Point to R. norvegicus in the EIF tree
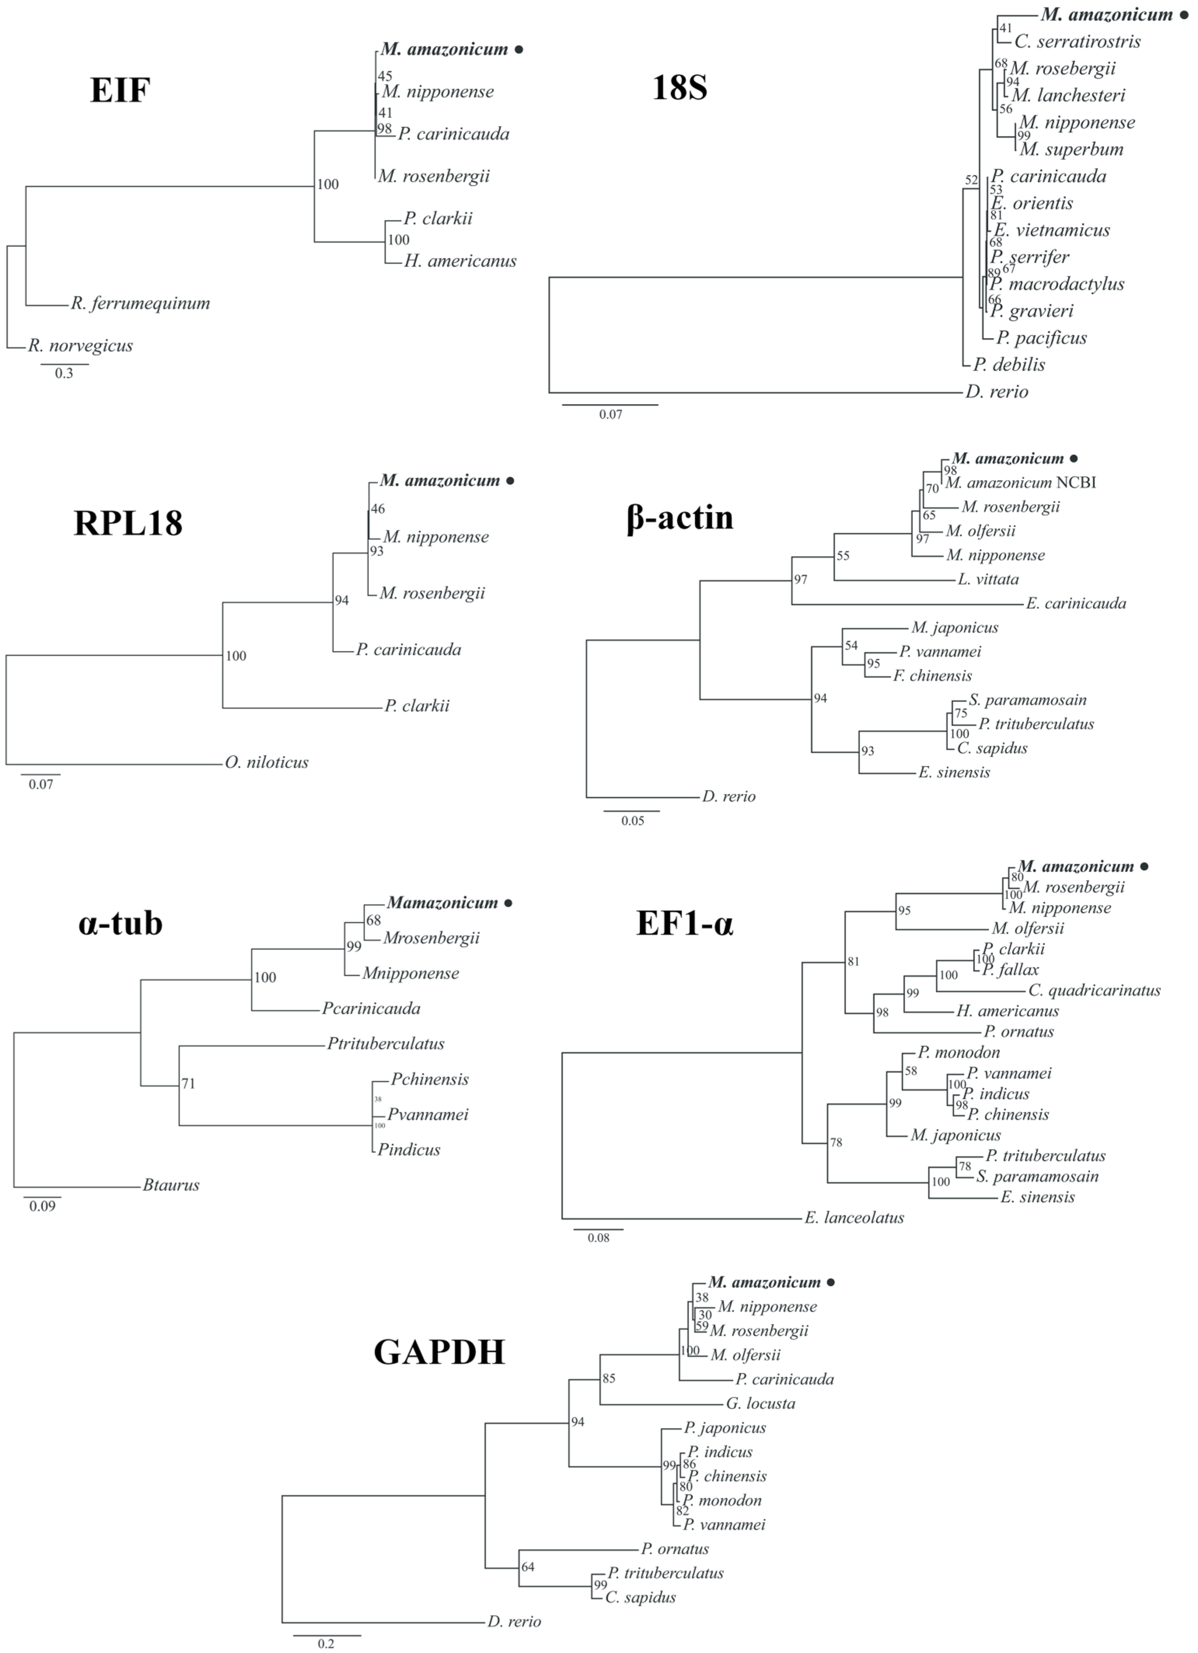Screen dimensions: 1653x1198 pyautogui.click(x=80, y=346)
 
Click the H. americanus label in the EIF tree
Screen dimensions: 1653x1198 pyautogui.click(x=460, y=261)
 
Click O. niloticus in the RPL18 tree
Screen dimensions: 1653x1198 pyautogui.click(x=267, y=762)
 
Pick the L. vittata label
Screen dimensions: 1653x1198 pyautogui.click(x=988, y=579)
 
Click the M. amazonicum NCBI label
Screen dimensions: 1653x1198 pyautogui.click(x=1021, y=483)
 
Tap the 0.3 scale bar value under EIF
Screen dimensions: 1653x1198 pyautogui.click(x=64, y=374)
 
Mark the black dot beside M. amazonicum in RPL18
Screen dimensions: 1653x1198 pyautogui.click(x=511, y=481)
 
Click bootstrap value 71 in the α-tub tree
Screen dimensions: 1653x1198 pyautogui.click(x=188, y=1084)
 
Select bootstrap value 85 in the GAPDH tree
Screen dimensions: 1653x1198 pyautogui.click(x=609, y=1378)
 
